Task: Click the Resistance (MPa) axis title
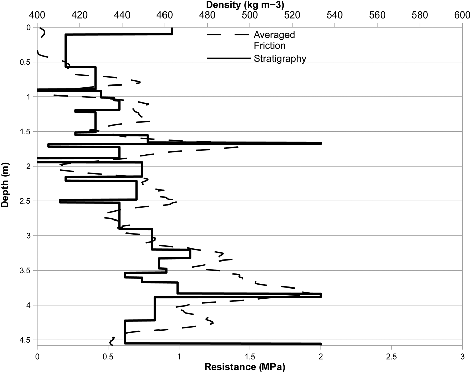(x=245, y=367)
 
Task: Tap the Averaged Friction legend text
(x=274, y=40)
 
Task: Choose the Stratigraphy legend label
(x=280, y=59)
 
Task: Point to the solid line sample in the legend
(x=229, y=58)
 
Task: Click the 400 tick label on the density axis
(x=37, y=15)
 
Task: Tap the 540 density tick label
(x=335, y=15)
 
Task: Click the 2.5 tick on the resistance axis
(x=392, y=356)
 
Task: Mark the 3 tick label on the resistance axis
(x=462, y=356)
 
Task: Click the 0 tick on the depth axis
(x=28, y=27)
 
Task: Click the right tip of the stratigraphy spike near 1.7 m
(x=321, y=143)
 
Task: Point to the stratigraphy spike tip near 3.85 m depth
(x=321, y=295)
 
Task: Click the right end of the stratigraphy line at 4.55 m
(x=321, y=344)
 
